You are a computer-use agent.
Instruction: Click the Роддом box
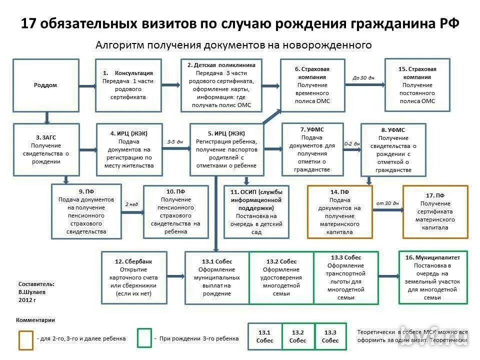(x=45, y=85)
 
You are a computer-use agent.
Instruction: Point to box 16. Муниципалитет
(x=433, y=277)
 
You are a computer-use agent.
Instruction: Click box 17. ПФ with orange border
(x=435, y=211)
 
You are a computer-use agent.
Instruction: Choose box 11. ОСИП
(x=256, y=212)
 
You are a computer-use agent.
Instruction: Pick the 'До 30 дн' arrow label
(x=363, y=77)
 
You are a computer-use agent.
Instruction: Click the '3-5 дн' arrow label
(x=175, y=142)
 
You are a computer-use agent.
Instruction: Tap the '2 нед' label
(x=131, y=204)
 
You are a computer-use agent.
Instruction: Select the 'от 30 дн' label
(x=387, y=203)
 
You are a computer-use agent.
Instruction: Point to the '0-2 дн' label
(x=352, y=143)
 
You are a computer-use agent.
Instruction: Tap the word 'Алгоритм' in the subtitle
(x=116, y=45)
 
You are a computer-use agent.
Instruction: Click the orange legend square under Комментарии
(x=26, y=339)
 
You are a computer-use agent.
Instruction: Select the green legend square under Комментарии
(x=144, y=338)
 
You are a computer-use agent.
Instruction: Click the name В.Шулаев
(x=31, y=291)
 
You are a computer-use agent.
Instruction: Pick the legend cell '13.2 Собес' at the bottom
(x=298, y=336)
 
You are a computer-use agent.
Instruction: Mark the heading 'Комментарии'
(x=35, y=320)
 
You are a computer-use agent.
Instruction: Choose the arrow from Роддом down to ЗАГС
(x=47, y=117)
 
